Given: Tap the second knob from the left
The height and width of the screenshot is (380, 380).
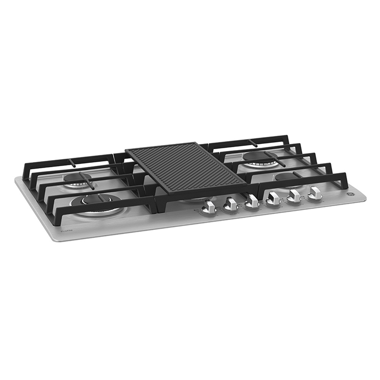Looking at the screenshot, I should click(x=230, y=204).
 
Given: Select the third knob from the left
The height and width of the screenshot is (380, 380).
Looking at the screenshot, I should click(x=252, y=201).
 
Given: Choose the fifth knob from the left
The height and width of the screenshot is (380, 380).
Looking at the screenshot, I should click(x=294, y=195).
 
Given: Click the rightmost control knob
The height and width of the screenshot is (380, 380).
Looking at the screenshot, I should click(x=314, y=192).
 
